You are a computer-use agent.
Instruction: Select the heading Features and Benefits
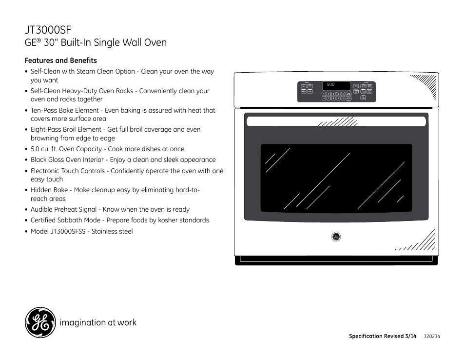click(x=61, y=60)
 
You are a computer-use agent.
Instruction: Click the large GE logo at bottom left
click(x=40, y=323)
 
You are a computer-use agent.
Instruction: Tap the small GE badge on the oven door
click(x=336, y=237)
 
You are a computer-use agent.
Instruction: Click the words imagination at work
click(x=98, y=322)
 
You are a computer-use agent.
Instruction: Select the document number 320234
click(x=432, y=337)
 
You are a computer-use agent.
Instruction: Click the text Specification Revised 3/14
click(x=383, y=337)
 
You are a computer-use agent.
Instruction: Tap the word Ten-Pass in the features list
click(x=44, y=110)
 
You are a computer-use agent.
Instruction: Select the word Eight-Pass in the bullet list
click(x=47, y=129)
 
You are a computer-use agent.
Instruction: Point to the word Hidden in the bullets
click(x=41, y=190)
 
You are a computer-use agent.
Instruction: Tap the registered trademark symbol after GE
click(x=39, y=40)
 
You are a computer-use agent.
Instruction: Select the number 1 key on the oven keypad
click(x=324, y=93)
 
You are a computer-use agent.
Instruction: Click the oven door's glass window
click(x=336, y=178)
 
